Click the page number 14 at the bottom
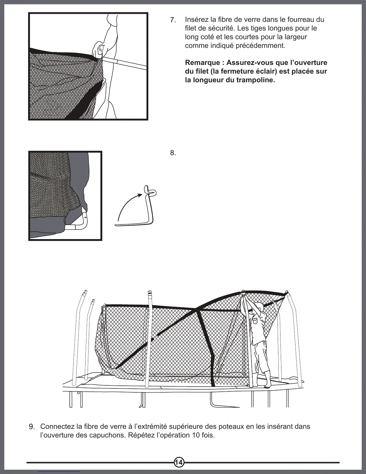tap(179, 462)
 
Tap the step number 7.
tap(173, 20)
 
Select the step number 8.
tap(173, 153)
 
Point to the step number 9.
tap(32, 426)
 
